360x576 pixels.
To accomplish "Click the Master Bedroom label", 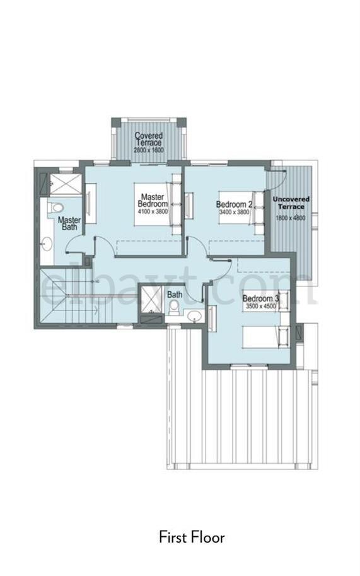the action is point(153,200).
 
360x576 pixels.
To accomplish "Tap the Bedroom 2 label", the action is point(234,204).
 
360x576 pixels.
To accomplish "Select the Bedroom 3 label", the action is point(260,298).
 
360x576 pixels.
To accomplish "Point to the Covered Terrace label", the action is point(149,139).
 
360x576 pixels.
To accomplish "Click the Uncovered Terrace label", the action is point(291,203).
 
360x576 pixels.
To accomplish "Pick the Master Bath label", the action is point(69,223).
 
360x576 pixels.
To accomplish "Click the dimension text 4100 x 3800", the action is point(153,211).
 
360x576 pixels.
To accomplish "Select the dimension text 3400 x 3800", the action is point(234,212).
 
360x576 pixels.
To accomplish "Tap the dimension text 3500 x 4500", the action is point(260,305).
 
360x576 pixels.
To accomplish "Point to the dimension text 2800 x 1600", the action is point(149,150).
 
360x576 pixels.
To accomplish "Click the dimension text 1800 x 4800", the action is point(291,218).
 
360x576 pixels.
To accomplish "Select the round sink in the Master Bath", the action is point(47,244).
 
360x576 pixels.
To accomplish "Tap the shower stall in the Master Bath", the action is point(66,184).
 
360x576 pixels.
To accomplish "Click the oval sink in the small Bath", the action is point(194,316).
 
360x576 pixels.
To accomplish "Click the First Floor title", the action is point(192,538).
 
